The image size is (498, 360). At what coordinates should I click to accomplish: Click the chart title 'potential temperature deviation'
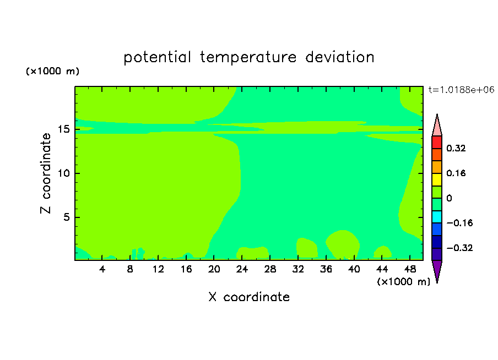pyautogui.click(x=248, y=57)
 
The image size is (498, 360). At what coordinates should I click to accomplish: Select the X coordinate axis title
pyautogui.click(x=249, y=297)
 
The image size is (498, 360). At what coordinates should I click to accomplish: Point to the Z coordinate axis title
pyautogui.click(x=46, y=173)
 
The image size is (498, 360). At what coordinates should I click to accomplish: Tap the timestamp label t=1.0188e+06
pyautogui.click(x=461, y=90)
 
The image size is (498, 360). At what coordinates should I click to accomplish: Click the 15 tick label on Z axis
pyautogui.click(x=64, y=129)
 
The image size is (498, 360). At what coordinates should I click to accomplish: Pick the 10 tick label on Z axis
pyautogui.click(x=64, y=173)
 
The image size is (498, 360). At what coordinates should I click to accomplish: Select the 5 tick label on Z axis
pyautogui.click(x=67, y=217)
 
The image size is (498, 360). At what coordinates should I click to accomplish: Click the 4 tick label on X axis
pyautogui.click(x=102, y=269)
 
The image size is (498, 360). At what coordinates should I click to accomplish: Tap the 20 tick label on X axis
pyautogui.click(x=214, y=269)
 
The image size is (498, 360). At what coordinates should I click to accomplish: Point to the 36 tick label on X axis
pyautogui.click(x=326, y=269)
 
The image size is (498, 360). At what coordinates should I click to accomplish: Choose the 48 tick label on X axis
pyautogui.click(x=410, y=269)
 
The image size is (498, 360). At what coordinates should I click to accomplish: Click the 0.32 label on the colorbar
pyautogui.click(x=456, y=148)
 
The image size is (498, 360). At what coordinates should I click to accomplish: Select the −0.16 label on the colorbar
pyautogui.click(x=459, y=223)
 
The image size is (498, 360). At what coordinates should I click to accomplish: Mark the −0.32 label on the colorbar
pyautogui.click(x=459, y=248)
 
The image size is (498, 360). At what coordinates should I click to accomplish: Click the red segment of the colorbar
pyautogui.click(x=437, y=142)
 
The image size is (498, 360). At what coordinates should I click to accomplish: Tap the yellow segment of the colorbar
pyautogui.click(x=437, y=179)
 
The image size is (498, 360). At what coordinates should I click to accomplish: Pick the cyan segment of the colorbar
pyautogui.click(x=437, y=217)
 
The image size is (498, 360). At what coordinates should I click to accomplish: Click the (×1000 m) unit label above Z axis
pyautogui.click(x=52, y=71)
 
